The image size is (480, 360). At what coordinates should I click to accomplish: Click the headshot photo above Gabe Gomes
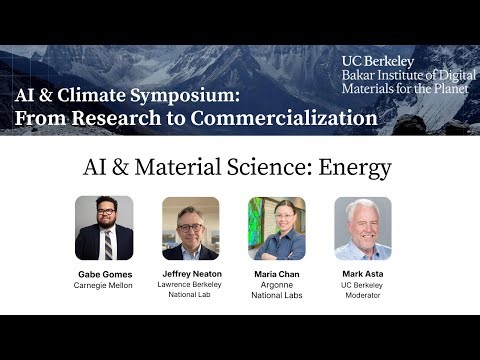point(104,228)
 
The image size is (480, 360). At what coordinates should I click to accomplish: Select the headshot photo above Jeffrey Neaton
point(190,228)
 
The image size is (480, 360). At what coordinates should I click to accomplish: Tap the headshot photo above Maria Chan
point(276,228)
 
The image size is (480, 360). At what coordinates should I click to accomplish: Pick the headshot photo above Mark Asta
point(362,228)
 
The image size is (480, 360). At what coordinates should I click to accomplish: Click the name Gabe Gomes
point(104,274)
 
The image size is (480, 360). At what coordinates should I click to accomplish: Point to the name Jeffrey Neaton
point(190,274)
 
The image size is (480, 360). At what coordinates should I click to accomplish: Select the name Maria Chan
point(276,274)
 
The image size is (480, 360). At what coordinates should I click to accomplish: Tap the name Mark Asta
point(362,274)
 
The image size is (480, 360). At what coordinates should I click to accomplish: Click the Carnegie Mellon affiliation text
point(104,285)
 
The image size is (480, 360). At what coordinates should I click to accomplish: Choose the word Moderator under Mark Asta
point(362,296)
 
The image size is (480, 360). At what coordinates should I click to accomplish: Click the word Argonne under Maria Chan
point(276,285)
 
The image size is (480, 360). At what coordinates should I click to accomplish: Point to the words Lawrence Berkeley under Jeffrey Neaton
point(190,285)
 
